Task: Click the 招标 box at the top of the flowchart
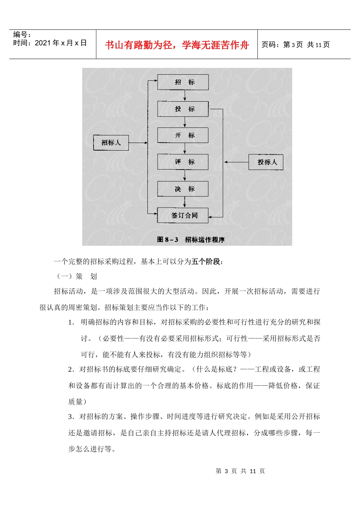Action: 183,82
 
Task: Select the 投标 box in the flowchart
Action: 183,109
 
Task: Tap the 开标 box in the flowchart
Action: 183,135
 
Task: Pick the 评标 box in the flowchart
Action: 183,162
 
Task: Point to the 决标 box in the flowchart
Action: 183,189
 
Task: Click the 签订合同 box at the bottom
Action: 183,215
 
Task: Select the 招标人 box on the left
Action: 111,143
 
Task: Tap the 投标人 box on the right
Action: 266,162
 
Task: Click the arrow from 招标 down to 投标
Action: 185,96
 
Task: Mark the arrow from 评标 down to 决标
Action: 185,175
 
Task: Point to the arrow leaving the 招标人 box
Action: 138,143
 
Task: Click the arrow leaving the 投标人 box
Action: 236,162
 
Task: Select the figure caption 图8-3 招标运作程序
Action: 191,240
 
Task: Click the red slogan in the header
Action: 177,45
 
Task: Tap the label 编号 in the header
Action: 22,35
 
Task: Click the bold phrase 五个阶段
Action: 207,261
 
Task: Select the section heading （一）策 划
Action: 77,276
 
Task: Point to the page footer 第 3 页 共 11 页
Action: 240,471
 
